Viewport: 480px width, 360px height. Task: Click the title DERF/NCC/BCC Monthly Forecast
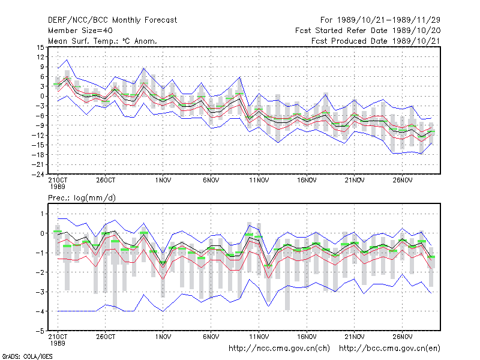(x=112, y=20)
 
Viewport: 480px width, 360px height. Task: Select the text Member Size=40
(x=80, y=31)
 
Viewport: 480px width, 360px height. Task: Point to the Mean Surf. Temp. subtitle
(x=102, y=41)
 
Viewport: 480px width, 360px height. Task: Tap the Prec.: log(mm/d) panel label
(x=82, y=198)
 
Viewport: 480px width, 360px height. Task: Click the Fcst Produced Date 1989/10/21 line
(x=376, y=41)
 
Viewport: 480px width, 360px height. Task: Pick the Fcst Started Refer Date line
(x=368, y=31)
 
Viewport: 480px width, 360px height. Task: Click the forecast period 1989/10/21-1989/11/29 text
(x=380, y=20)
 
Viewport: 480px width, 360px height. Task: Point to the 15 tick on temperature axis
(x=40, y=47)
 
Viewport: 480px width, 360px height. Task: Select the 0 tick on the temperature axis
(x=42, y=96)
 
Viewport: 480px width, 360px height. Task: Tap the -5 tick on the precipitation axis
(x=40, y=331)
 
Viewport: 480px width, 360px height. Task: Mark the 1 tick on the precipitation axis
(x=42, y=214)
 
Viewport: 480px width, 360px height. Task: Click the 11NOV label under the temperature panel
(x=259, y=181)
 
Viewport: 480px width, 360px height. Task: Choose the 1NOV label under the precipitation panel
(x=163, y=337)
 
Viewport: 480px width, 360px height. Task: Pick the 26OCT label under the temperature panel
(x=106, y=181)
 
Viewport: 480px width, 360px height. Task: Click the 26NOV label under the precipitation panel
(x=402, y=337)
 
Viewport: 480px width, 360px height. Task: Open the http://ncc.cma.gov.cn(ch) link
(x=279, y=349)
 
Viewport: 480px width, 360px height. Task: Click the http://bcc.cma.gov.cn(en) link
(x=389, y=349)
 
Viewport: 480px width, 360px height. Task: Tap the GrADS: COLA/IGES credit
(x=27, y=356)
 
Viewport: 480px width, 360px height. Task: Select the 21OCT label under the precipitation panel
(x=58, y=337)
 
